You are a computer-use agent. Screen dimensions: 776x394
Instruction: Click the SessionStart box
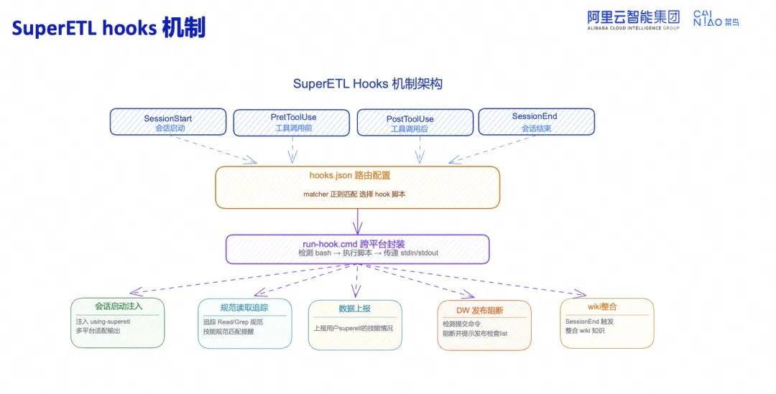(x=167, y=122)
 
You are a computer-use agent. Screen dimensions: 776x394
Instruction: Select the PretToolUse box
(x=292, y=123)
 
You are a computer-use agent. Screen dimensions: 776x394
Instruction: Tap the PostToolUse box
(x=415, y=123)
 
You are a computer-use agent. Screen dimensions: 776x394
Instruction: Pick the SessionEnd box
(x=537, y=121)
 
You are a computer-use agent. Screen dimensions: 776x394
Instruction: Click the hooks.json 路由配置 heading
(x=350, y=176)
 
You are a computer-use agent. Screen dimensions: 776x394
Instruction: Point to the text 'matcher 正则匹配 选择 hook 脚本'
(x=354, y=194)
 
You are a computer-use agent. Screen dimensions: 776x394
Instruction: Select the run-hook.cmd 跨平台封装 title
(x=354, y=244)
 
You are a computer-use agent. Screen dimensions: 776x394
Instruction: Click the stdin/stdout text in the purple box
(x=419, y=253)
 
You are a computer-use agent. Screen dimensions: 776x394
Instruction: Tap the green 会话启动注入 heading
(x=119, y=306)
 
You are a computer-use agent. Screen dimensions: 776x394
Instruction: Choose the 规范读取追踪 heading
(x=244, y=307)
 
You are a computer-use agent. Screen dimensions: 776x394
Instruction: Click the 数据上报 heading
(x=355, y=309)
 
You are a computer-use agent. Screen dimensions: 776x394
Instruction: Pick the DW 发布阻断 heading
(x=479, y=311)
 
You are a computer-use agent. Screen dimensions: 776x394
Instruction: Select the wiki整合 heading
(x=602, y=307)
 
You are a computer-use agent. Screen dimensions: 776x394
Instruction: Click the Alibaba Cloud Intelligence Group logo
(x=634, y=20)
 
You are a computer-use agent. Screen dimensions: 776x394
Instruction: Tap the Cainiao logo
(x=716, y=19)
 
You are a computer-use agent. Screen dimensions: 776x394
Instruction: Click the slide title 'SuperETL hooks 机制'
(x=108, y=28)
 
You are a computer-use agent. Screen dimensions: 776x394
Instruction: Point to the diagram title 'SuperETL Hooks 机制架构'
(x=368, y=83)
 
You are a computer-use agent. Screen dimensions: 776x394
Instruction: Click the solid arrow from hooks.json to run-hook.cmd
(x=357, y=222)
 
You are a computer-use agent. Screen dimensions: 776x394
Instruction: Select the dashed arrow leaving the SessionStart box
(x=215, y=149)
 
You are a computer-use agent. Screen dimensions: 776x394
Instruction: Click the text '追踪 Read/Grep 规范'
(x=233, y=322)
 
